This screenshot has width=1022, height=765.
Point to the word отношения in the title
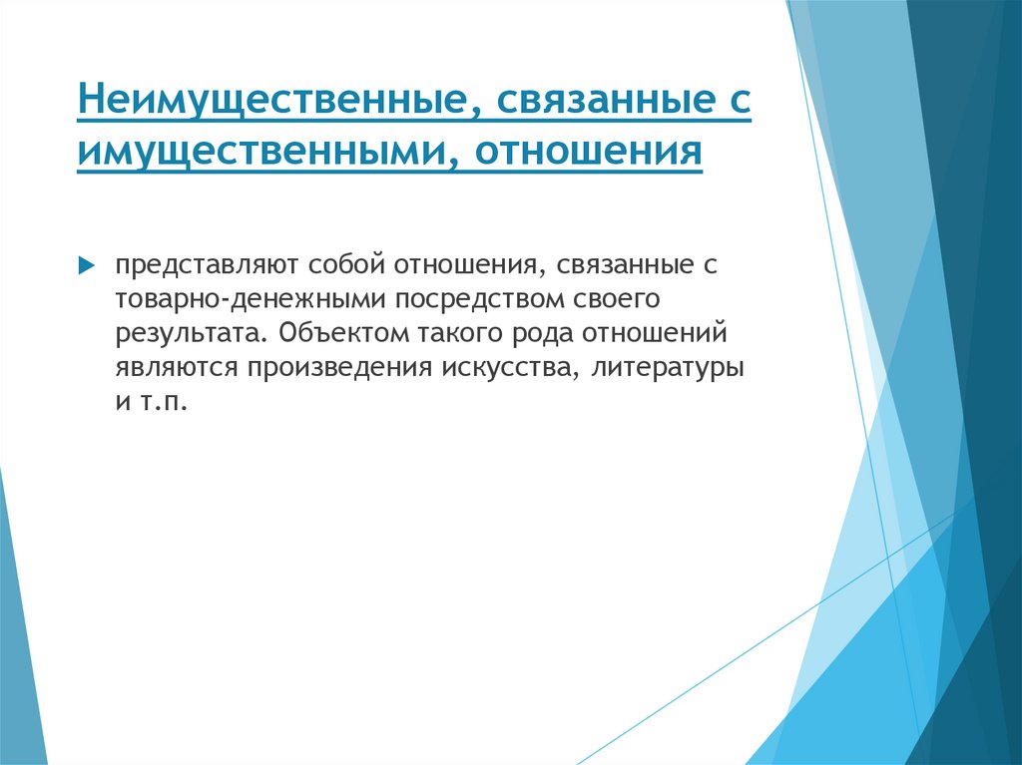(588, 153)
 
